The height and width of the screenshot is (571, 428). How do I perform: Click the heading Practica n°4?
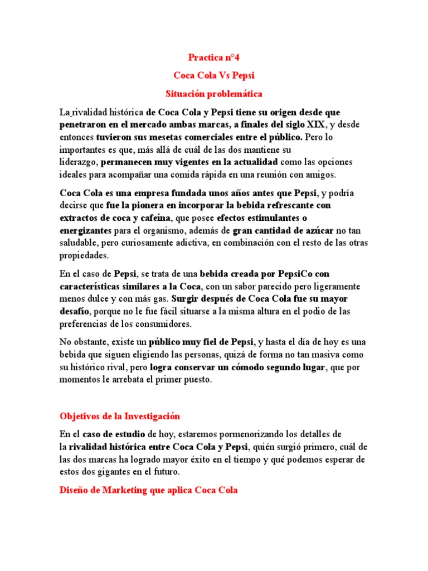[214, 57]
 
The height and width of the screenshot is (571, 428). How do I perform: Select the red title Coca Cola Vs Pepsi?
[214, 75]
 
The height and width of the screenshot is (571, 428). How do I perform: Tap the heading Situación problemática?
[214, 94]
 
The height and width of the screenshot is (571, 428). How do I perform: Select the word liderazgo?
[79, 162]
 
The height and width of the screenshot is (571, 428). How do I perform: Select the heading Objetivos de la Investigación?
[120, 416]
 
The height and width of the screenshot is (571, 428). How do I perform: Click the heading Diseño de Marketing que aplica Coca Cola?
[149, 490]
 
